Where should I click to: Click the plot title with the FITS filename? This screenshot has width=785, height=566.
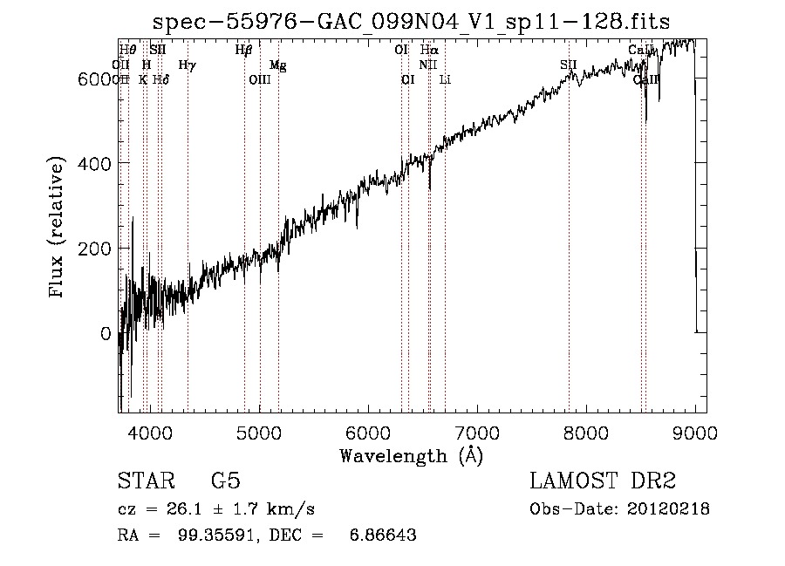412,21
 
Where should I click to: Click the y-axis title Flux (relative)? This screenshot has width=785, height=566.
58,228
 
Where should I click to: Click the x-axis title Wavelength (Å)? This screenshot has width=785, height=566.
411,455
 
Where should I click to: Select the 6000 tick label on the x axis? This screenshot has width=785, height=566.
368,431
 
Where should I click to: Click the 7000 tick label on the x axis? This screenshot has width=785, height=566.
477,431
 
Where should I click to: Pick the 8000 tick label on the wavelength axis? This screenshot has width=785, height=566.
586,431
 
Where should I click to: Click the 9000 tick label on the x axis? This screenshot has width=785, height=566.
694,431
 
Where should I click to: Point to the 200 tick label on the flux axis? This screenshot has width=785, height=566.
94,249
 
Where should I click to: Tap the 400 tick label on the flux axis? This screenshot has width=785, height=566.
94,164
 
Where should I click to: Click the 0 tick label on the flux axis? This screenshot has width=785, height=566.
106,334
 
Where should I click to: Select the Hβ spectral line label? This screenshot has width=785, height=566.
243,51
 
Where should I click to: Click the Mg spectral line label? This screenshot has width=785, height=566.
277,65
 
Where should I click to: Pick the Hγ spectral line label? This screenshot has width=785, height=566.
187,65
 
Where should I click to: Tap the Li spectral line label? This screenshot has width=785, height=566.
445,79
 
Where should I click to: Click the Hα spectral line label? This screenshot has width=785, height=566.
428,51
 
